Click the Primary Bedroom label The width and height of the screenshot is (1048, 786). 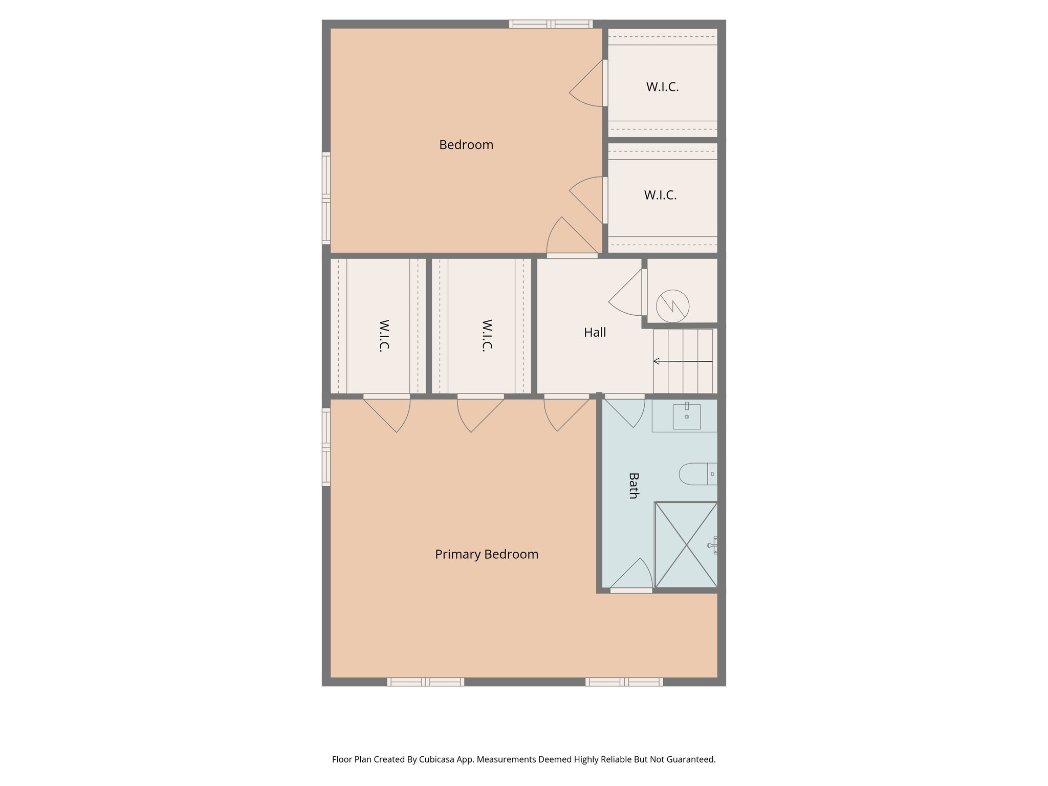click(486, 554)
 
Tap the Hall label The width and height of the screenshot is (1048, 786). click(595, 333)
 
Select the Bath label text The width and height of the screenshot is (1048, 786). click(634, 486)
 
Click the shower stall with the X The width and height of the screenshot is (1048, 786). click(686, 544)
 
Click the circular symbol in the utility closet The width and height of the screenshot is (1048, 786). click(672, 306)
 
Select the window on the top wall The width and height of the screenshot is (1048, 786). click(551, 24)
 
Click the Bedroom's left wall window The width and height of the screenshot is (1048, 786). click(326, 198)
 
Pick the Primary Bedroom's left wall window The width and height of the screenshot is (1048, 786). click(326, 446)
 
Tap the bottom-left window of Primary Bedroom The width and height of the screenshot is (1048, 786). click(425, 682)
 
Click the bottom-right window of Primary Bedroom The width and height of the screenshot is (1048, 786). click(624, 682)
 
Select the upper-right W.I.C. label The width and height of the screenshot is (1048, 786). click(662, 87)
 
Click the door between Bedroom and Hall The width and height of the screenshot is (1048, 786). click(572, 255)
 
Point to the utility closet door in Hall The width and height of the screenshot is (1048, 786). click(644, 292)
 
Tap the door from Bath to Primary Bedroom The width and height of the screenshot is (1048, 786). click(631, 589)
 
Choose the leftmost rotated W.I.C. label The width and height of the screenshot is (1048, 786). click(384, 335)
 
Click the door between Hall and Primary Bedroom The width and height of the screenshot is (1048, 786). click(566, 397)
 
